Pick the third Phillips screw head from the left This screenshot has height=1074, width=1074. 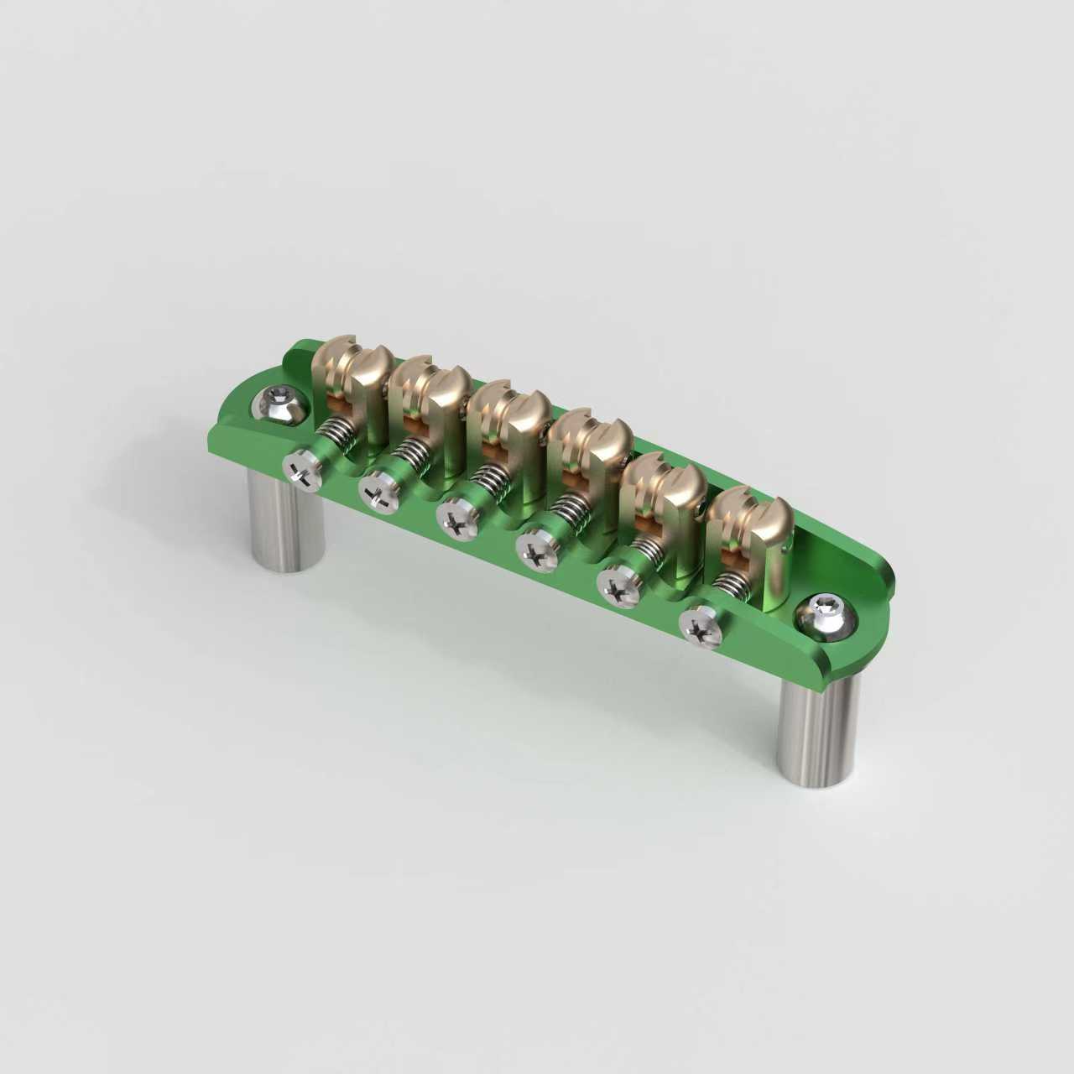pos(458,522)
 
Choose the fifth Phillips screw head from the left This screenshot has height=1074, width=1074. pos(619,586)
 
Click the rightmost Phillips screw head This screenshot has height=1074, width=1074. pos(700,626)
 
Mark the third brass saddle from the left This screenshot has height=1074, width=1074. pos(508,436)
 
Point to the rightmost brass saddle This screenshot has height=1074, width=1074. pos(747,537)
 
